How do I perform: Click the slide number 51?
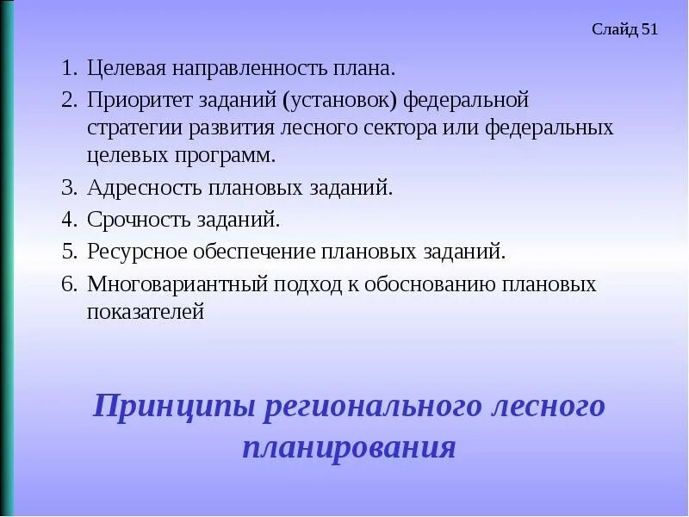point(649,30)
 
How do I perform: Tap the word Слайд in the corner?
point(615,30)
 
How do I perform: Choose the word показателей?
point(146,313)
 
